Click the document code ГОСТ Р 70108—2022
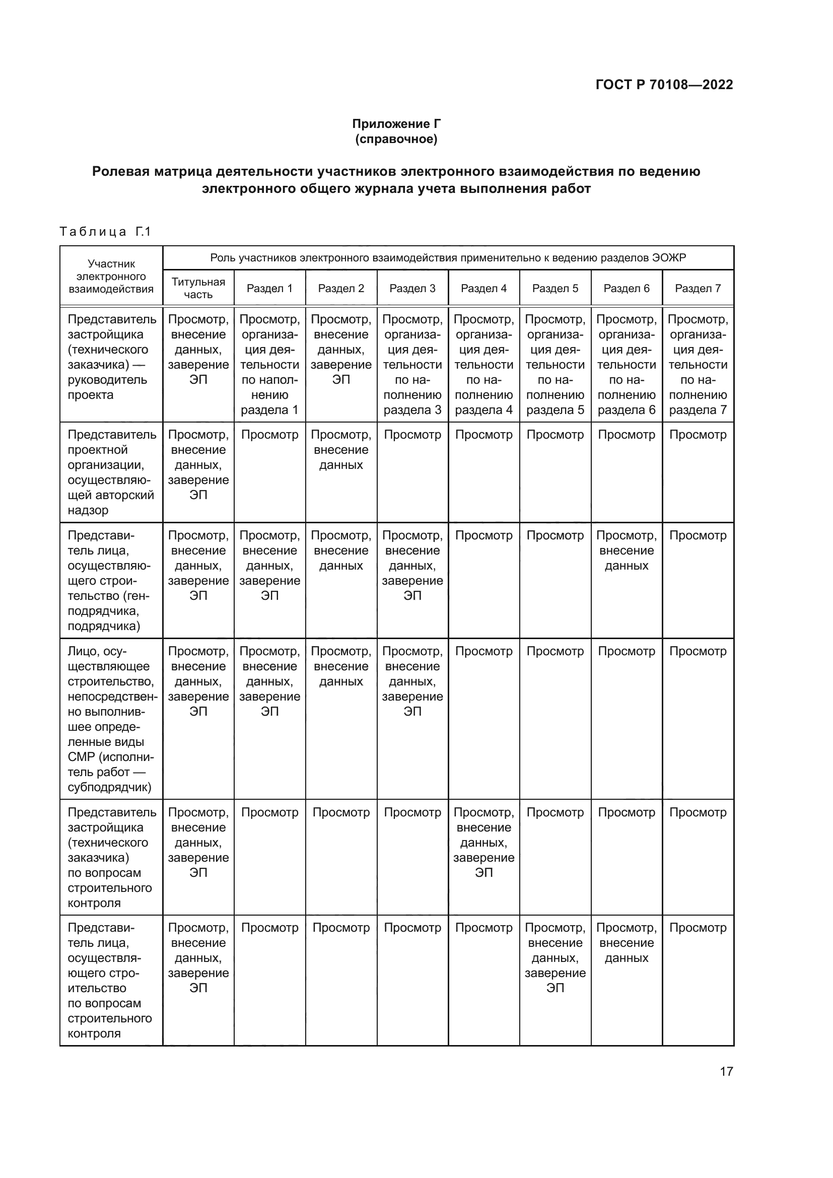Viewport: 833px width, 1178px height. (664, 85)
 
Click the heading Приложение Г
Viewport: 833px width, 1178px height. (396, 124)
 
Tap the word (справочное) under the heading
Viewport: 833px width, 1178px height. (396, 139)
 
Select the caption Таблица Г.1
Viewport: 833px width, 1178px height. (105, 232)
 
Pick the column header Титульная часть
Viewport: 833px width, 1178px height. (198, 289)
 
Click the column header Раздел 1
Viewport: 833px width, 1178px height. (269, 289)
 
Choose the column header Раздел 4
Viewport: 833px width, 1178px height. (483, 289)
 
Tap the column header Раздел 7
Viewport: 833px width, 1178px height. (698, 289)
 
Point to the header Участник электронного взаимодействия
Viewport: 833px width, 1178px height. (111, 276)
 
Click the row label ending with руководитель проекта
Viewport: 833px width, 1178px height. (111, 357)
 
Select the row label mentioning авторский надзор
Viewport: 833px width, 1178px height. (111, 472)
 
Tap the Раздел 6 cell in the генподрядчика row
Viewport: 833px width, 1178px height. (627, 550)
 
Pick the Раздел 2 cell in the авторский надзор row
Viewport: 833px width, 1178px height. (340, 450)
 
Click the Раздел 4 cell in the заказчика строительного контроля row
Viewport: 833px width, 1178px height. (483, 843)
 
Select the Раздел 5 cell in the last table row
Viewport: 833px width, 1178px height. (555, 958)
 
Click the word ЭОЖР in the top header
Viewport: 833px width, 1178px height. (669, 257)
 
